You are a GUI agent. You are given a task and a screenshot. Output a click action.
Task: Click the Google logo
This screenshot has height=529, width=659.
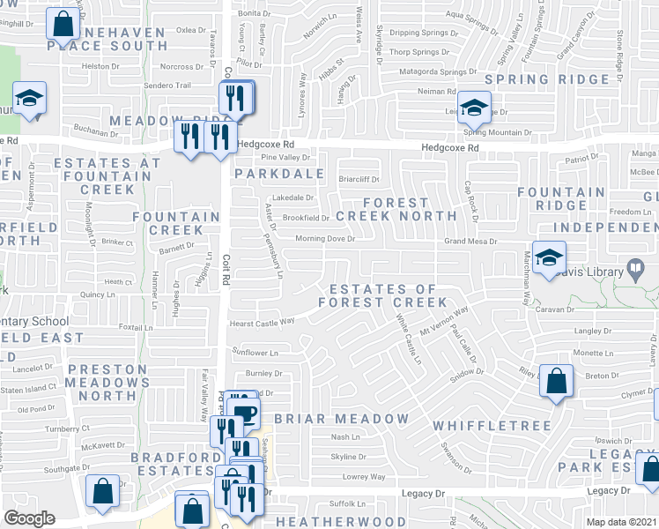point(29,518)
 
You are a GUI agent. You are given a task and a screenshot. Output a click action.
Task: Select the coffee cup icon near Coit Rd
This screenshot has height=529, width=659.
point(245,412)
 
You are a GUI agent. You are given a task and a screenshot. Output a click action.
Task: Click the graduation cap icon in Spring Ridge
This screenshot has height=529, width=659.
point(474,108)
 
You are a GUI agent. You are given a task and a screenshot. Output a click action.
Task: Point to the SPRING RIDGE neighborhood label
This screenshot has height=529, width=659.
point(546,79)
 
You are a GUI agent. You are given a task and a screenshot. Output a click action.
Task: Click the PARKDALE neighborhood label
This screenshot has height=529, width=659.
point(278,174)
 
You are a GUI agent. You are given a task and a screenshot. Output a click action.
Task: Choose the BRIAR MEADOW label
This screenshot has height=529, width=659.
point(341,418)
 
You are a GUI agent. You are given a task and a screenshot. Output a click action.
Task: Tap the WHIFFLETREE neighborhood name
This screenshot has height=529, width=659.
point(492,426)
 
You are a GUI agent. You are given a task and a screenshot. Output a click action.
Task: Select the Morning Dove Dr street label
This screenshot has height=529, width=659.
point(324,238)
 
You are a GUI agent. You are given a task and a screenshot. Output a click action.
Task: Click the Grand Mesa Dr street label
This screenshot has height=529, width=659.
point(470,241)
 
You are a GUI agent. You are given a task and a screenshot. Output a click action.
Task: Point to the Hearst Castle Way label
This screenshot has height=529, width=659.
point(262,323)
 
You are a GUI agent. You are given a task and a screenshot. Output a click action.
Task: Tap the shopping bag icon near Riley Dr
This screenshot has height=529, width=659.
point(556,383)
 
